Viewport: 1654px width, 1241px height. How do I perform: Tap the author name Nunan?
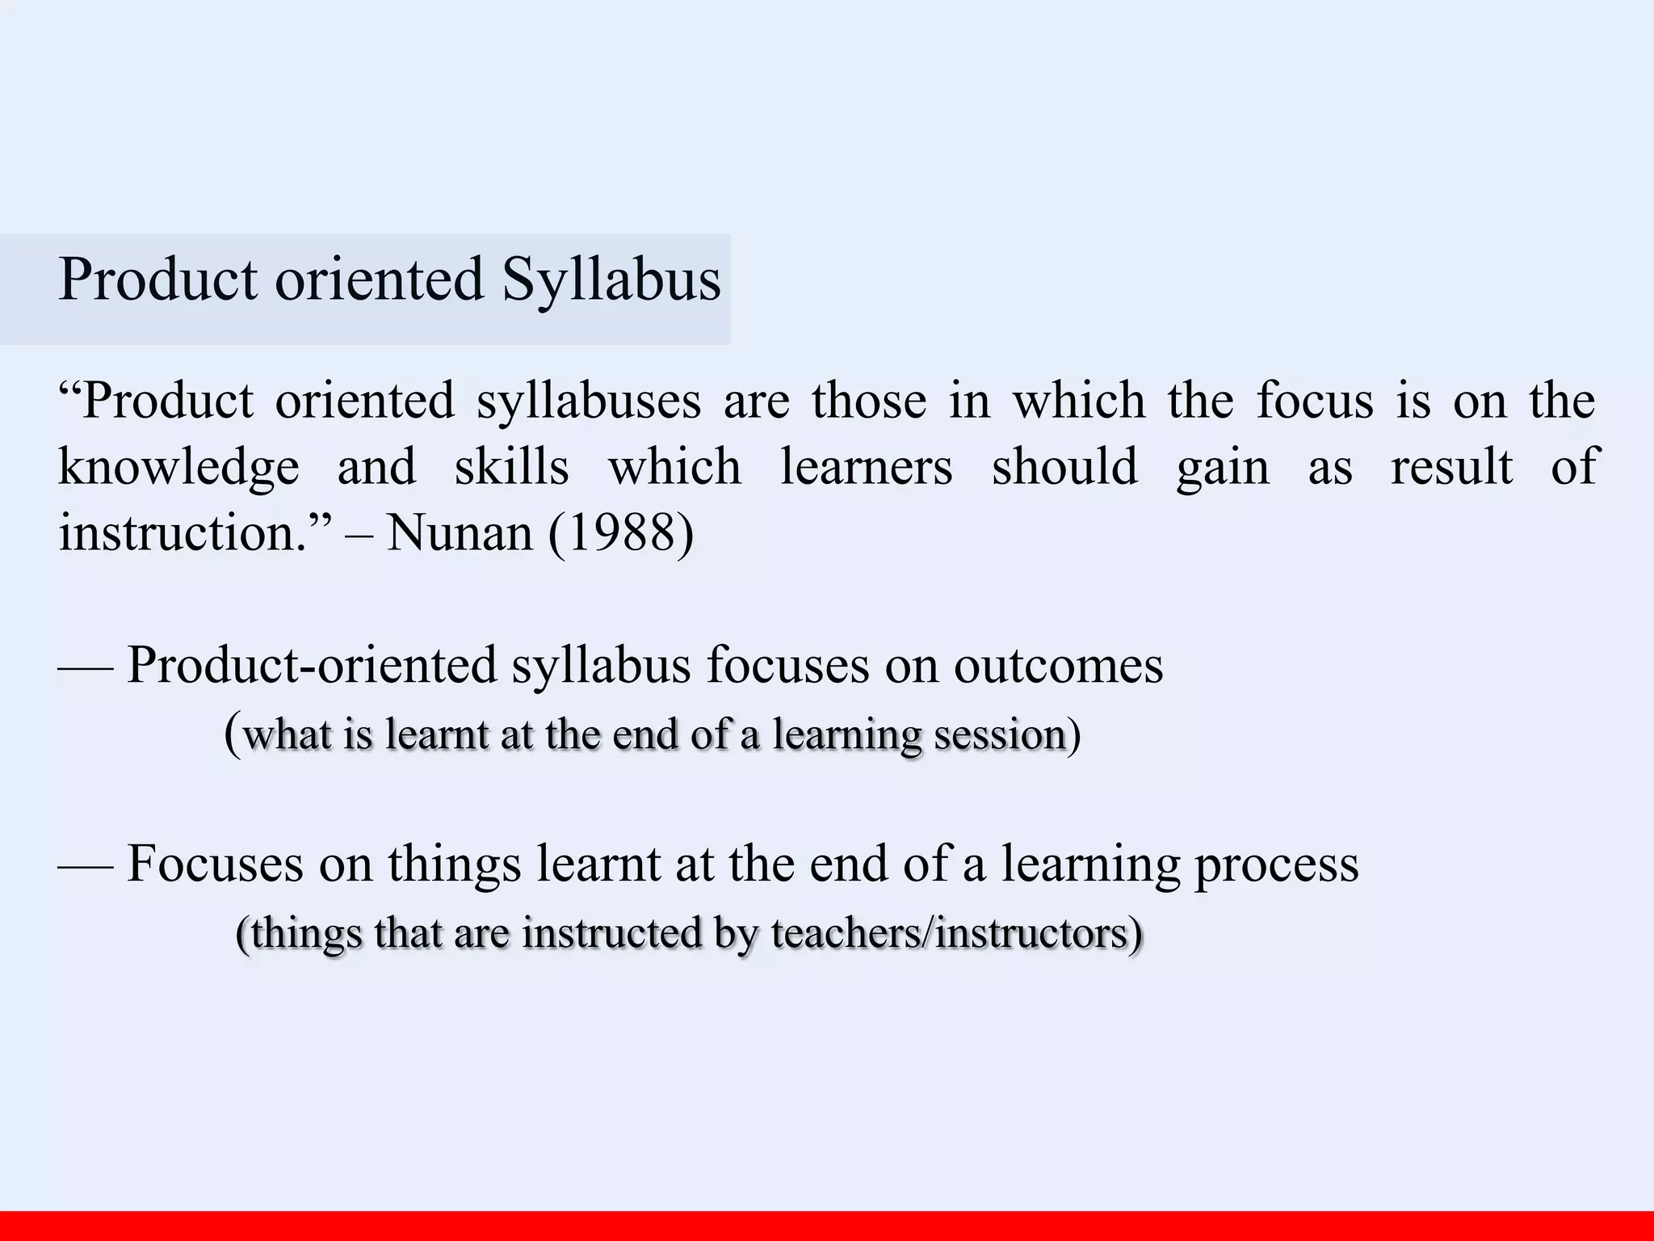pos(460,533)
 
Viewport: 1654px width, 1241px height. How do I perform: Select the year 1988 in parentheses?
pos(620,533)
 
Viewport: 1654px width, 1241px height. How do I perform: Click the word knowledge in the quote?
pos(178,467)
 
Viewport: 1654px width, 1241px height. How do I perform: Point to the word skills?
pos(511,467)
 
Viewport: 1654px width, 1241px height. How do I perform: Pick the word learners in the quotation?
pos(866,467)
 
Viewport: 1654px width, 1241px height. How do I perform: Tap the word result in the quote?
pos(1451,467)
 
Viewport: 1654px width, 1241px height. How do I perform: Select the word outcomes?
pos(1058,666)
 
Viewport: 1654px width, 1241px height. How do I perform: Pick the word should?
pos(1064,467)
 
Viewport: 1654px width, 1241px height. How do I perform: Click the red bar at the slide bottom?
pos(827,1226)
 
